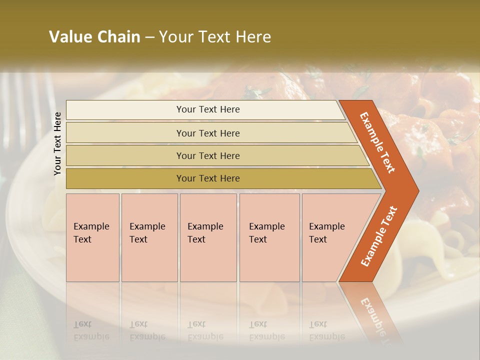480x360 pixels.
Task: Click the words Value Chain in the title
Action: click(x=94, y=37)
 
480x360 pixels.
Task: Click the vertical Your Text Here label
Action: click(x=58, y=144)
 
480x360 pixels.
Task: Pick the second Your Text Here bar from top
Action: click(x=208, y=133)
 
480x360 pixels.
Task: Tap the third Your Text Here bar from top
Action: click(x=208, y=155)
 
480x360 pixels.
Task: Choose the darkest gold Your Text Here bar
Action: click(x=208, y=178)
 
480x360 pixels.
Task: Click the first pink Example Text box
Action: click(x=92, y=237)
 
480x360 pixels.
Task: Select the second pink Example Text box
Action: click(x=149, y=237)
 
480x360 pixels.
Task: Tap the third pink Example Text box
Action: click(x=208, y=237)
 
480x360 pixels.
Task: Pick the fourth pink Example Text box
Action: click(x=269, y=237)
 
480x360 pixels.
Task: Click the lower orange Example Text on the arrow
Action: click(x=379, y=236)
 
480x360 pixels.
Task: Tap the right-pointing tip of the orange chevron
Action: click(x=416, y=191)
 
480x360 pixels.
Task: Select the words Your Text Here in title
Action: click(x=215, y=37)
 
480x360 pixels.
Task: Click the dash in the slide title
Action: click(x=149, y=37)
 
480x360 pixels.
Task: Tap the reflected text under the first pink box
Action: click(x=91, y=330)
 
